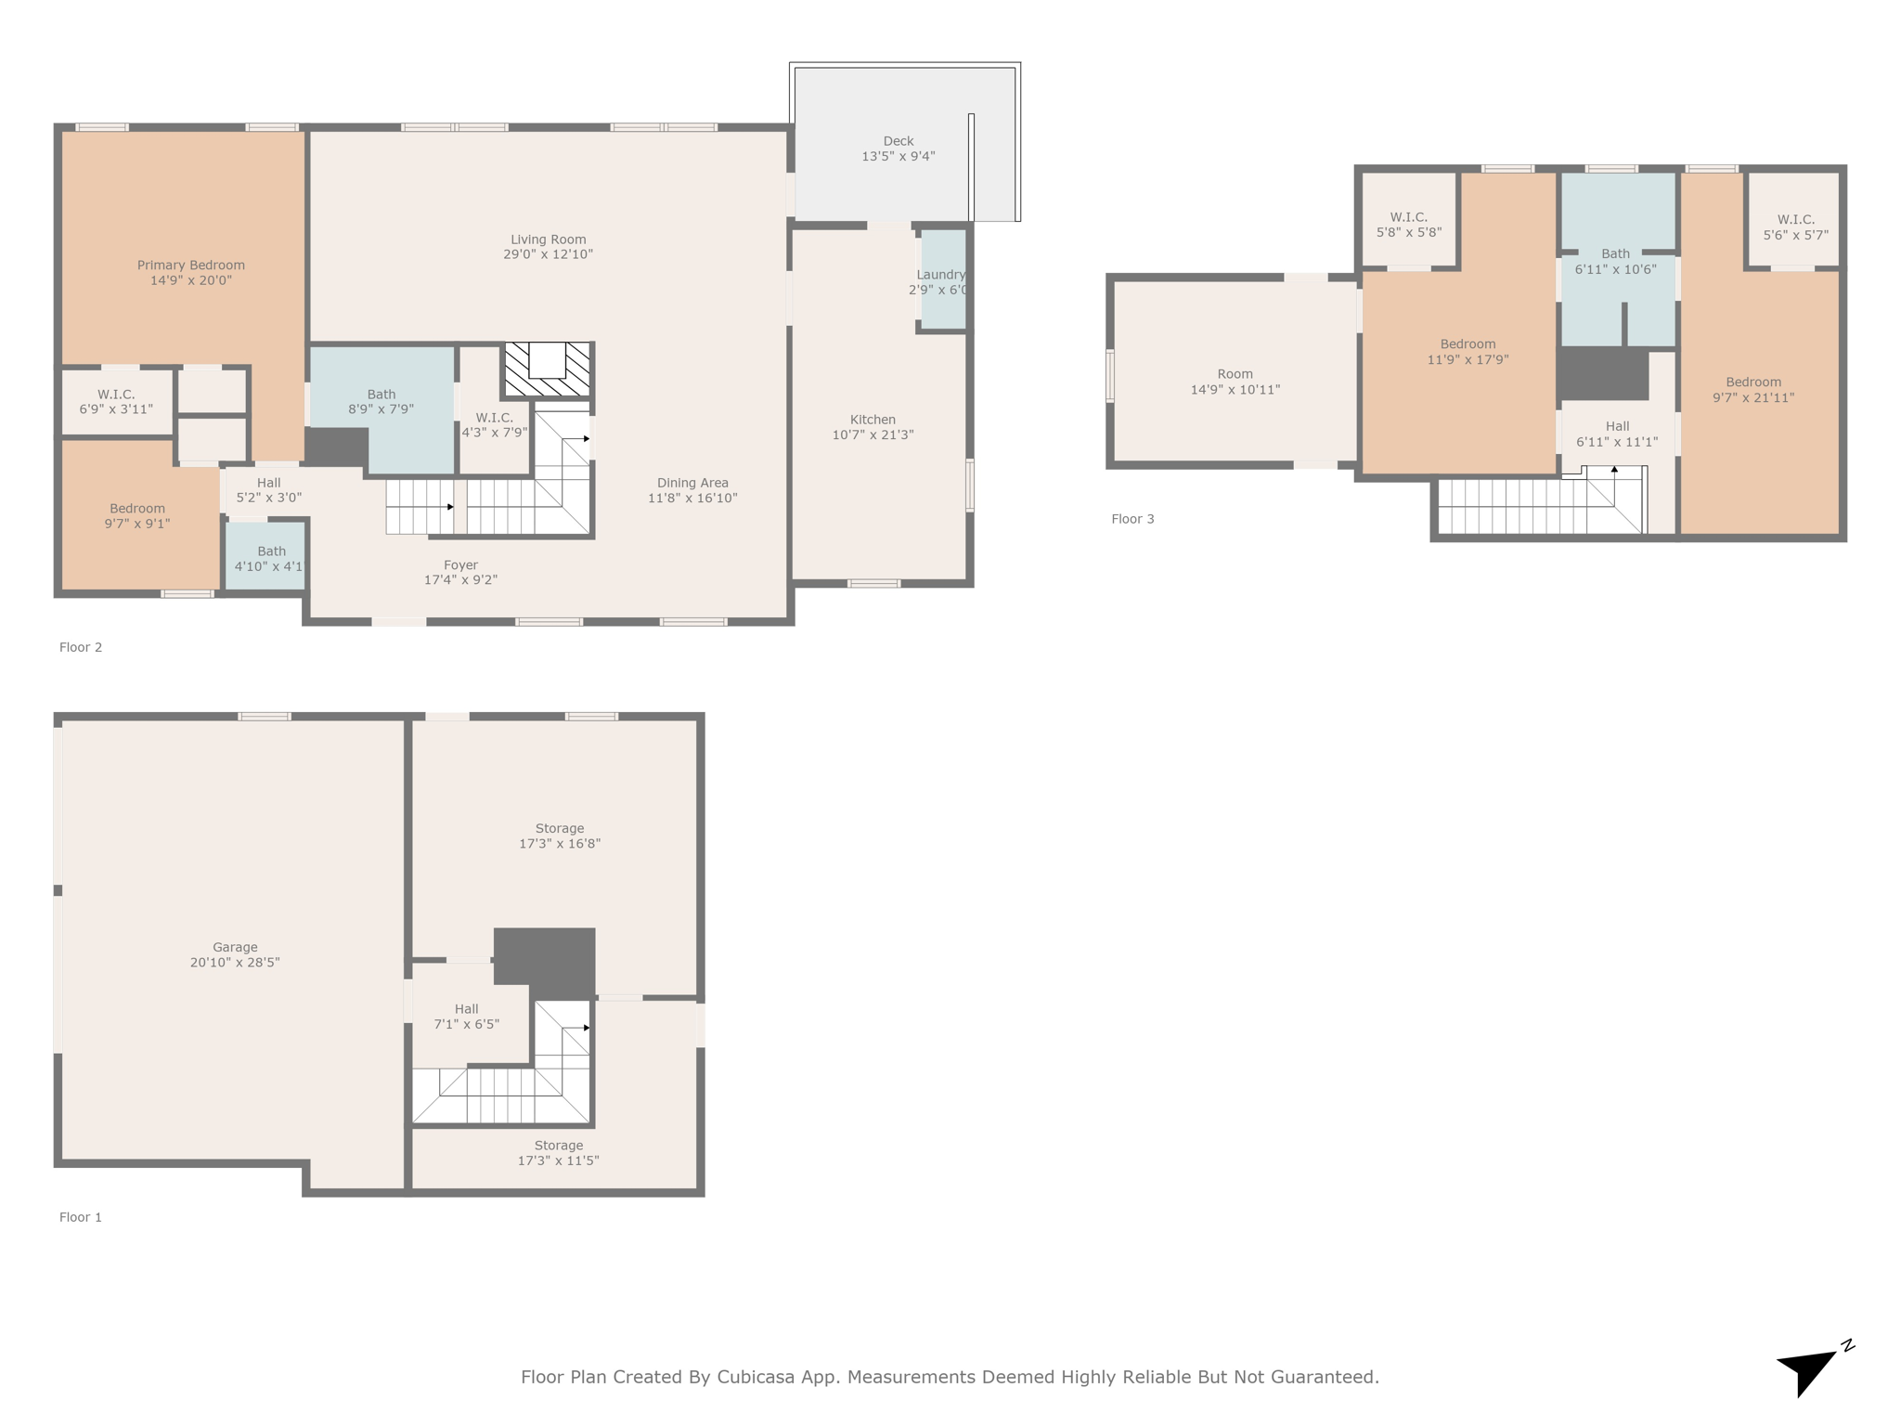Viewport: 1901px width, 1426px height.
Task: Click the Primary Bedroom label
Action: (x=191, y=266)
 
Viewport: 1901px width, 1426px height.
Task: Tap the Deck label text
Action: (x=899, y=141)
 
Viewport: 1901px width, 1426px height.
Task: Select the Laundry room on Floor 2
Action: (x=943, y=279)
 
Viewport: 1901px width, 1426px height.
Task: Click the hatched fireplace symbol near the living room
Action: (x=548, y=369)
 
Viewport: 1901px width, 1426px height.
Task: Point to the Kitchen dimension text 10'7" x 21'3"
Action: (x=873, y=434)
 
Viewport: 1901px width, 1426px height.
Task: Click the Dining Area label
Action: (x=692, y=483)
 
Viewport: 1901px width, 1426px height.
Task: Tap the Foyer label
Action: (x=461, y=565)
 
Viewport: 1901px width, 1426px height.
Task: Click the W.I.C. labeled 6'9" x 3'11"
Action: (x=117, y=401)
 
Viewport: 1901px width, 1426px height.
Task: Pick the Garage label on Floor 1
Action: (x=235, y=948)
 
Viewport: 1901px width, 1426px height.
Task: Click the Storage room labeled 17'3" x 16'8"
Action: (x=555, y=836)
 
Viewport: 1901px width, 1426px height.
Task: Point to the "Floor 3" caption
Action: (x=1132, y=519)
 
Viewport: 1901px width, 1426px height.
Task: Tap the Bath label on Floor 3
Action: (x=1615, y=253)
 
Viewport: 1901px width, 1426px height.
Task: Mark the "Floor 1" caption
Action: (x=81, y=1217)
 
